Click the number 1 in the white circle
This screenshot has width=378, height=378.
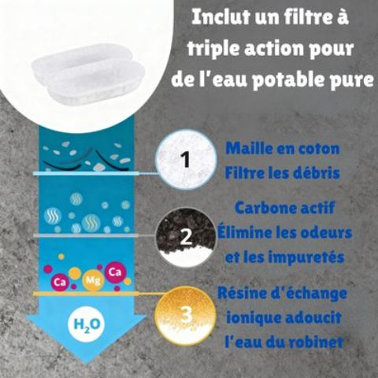186,161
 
